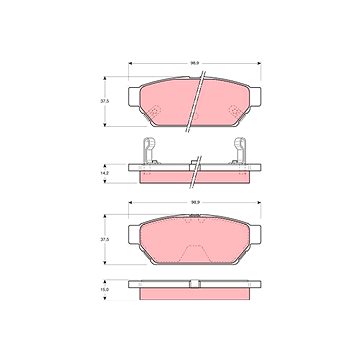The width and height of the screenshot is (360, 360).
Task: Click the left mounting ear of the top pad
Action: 134,97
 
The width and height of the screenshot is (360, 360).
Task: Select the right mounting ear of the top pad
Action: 255,97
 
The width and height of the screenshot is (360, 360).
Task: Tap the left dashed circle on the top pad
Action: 154,111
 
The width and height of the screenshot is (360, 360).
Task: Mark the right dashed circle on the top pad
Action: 235,111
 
